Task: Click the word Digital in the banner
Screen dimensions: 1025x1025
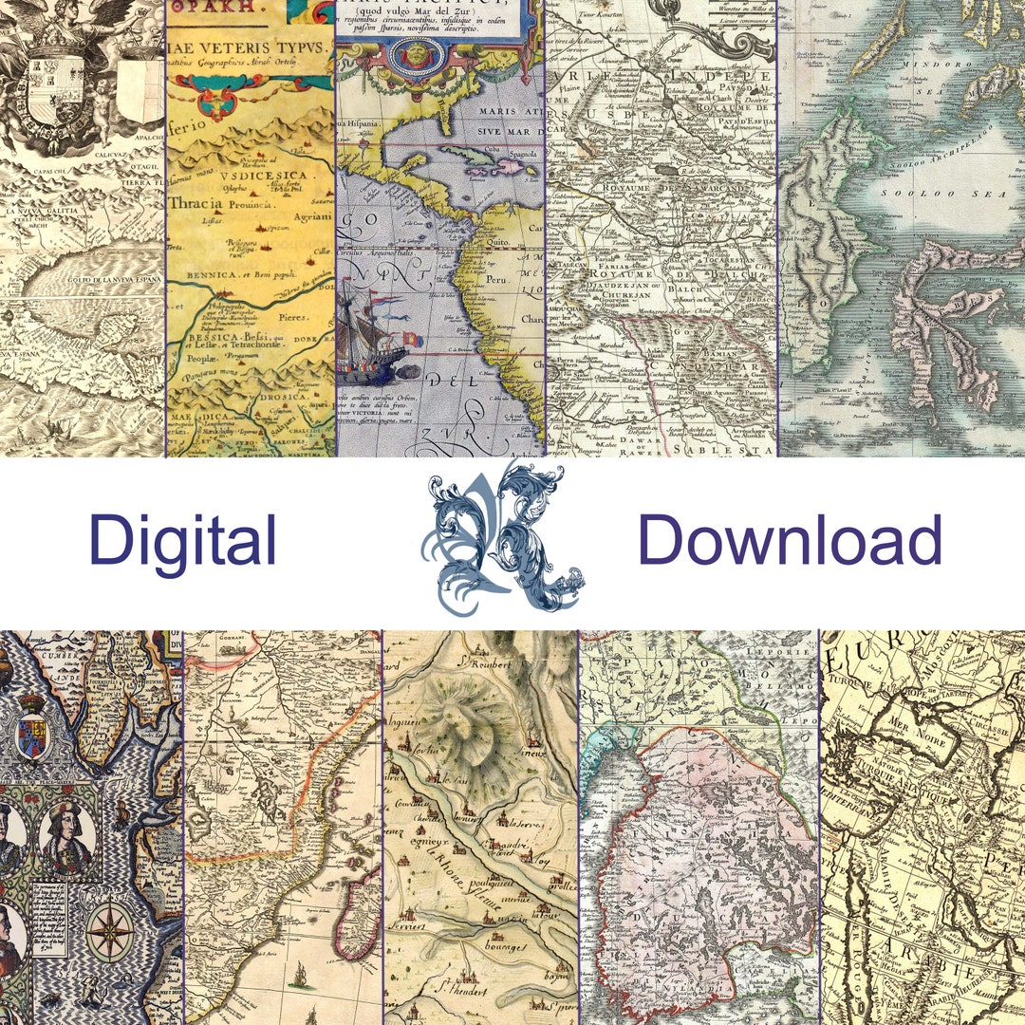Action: click(x=182, y=541)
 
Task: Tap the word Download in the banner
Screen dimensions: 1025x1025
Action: click(x=790, y=541)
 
